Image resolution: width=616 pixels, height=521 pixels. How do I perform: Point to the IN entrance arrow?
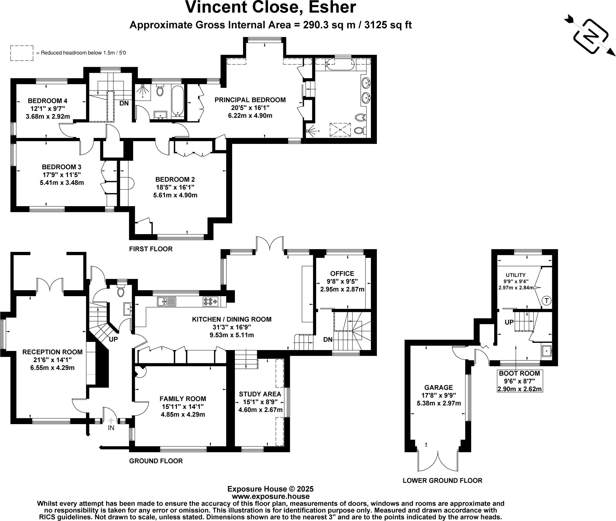(x=111, y=422)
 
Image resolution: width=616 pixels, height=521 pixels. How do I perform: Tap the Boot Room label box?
(x=519, y=381)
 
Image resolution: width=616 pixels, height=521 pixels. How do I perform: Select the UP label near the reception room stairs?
(x=113, y=339)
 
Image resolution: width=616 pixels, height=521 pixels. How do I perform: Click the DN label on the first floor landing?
(x=124, y=103)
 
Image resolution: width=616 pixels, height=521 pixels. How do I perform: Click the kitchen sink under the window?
(x=166, y=301)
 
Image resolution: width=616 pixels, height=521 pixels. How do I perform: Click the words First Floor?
(x=151, y=249)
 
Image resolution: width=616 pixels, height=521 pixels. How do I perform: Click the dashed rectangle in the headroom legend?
(x=22, y=53)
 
